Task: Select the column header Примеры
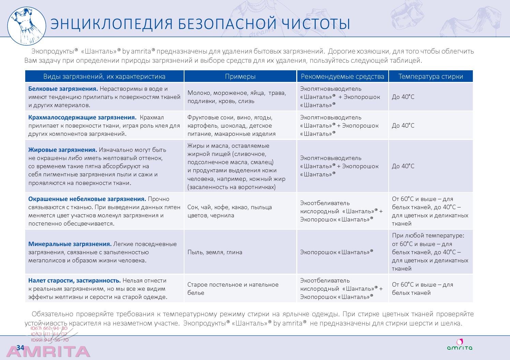click(x=240, y=76)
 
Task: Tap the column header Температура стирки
click(x=431, y=76)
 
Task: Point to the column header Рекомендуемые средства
click(x=342, y=76)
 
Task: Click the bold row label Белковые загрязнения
click(x=63, y=89)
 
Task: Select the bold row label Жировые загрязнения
click(x=63, y=150)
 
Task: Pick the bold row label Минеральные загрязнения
click(x=70, y=244)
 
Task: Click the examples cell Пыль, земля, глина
click(x=215, y=252)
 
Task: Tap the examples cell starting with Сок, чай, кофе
click(x=229, y=211)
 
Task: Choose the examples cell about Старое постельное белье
click(x=233, y=288)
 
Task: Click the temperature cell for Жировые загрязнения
click(x=403, y=166)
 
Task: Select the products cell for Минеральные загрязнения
click(x=336, y=252)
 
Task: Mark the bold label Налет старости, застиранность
click(x=74, y=280)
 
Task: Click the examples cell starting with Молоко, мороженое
click(x=237, y=97)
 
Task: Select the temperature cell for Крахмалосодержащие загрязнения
click(x=403, y=126)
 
